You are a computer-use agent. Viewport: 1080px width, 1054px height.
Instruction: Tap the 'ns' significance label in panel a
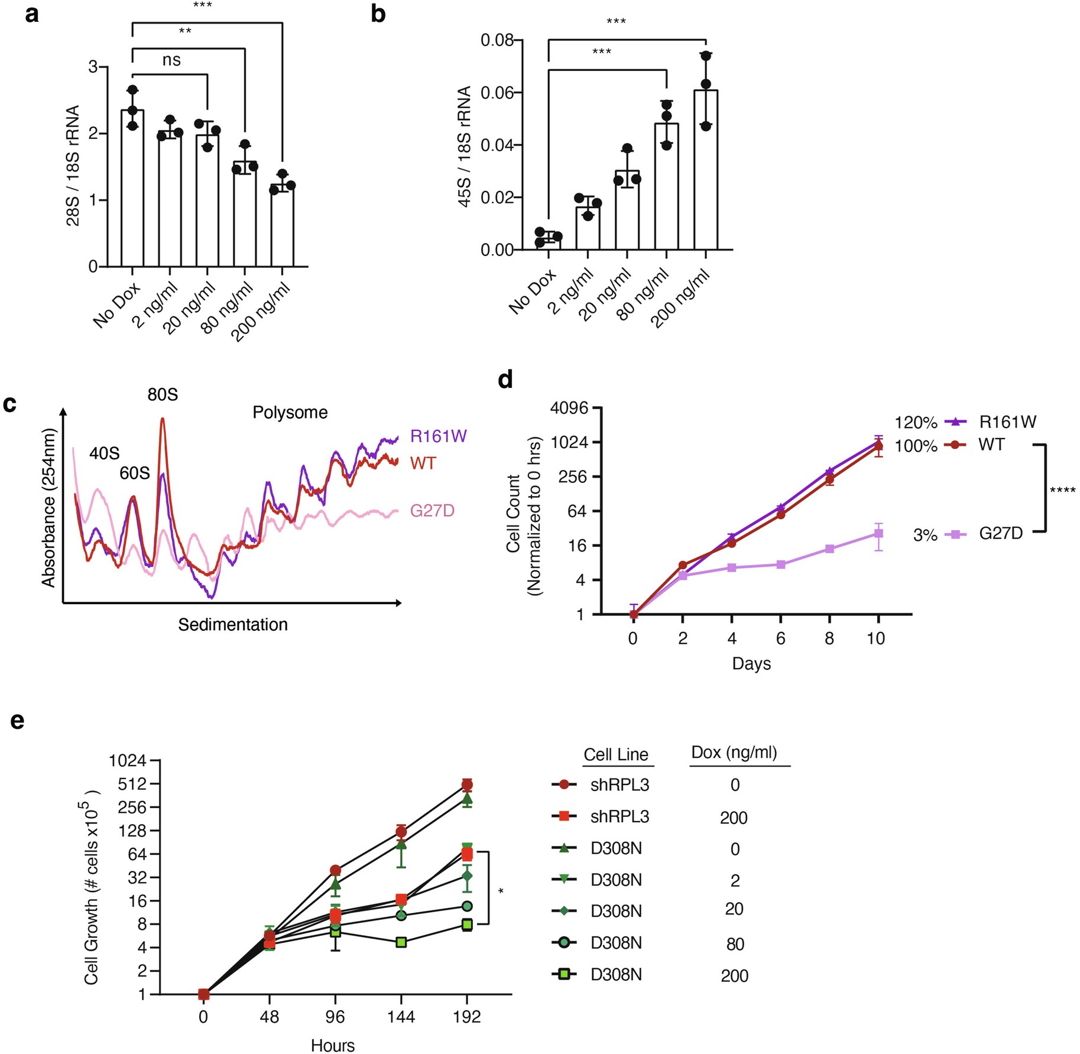pyautogui.click(x=171, y=60)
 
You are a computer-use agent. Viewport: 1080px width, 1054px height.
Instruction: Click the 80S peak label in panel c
pyautogui.click(x=163, y=394)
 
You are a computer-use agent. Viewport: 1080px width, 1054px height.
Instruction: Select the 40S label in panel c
pyautogui.click(x=105, y=453)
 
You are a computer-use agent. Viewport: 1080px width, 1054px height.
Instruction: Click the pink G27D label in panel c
pyautogui.click(x=432, y=511)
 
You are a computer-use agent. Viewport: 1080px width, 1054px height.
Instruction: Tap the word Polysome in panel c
pyautogui.click(x=290, y=413)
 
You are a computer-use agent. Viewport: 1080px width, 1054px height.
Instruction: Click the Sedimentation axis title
pyautogui.click(x=233, y=625)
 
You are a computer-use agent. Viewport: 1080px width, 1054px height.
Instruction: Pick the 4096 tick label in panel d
pyautogui.click(x=569, y=408)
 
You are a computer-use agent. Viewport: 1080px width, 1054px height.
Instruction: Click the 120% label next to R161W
pyautogui.click(x=916, y=423)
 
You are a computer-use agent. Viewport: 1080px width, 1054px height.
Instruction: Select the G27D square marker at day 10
pyautogui.click(x=879, y=534)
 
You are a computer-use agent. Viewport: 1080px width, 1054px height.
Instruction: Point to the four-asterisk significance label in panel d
pyautogui.click(x=1062, y=491)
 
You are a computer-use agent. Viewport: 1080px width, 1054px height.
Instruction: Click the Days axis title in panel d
pyautogui.click(x=751, y=663)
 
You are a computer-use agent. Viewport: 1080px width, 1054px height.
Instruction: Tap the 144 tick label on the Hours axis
pyautogui.click(x=401, y=1017)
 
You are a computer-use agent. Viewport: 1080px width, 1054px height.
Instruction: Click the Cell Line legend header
pyautogui.click(x=616, y=755)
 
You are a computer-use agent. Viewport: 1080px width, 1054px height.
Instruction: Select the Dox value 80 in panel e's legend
pyautogui.click(x=735, y=945)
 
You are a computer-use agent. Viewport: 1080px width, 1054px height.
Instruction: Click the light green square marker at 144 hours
pyautogui.click(x=401, y=942)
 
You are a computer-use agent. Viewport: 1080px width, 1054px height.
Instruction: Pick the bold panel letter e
pyautogui.click(x=17, y=721)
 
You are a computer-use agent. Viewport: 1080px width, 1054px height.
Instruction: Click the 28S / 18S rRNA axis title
pyautogui.click(x=73, y=166)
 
